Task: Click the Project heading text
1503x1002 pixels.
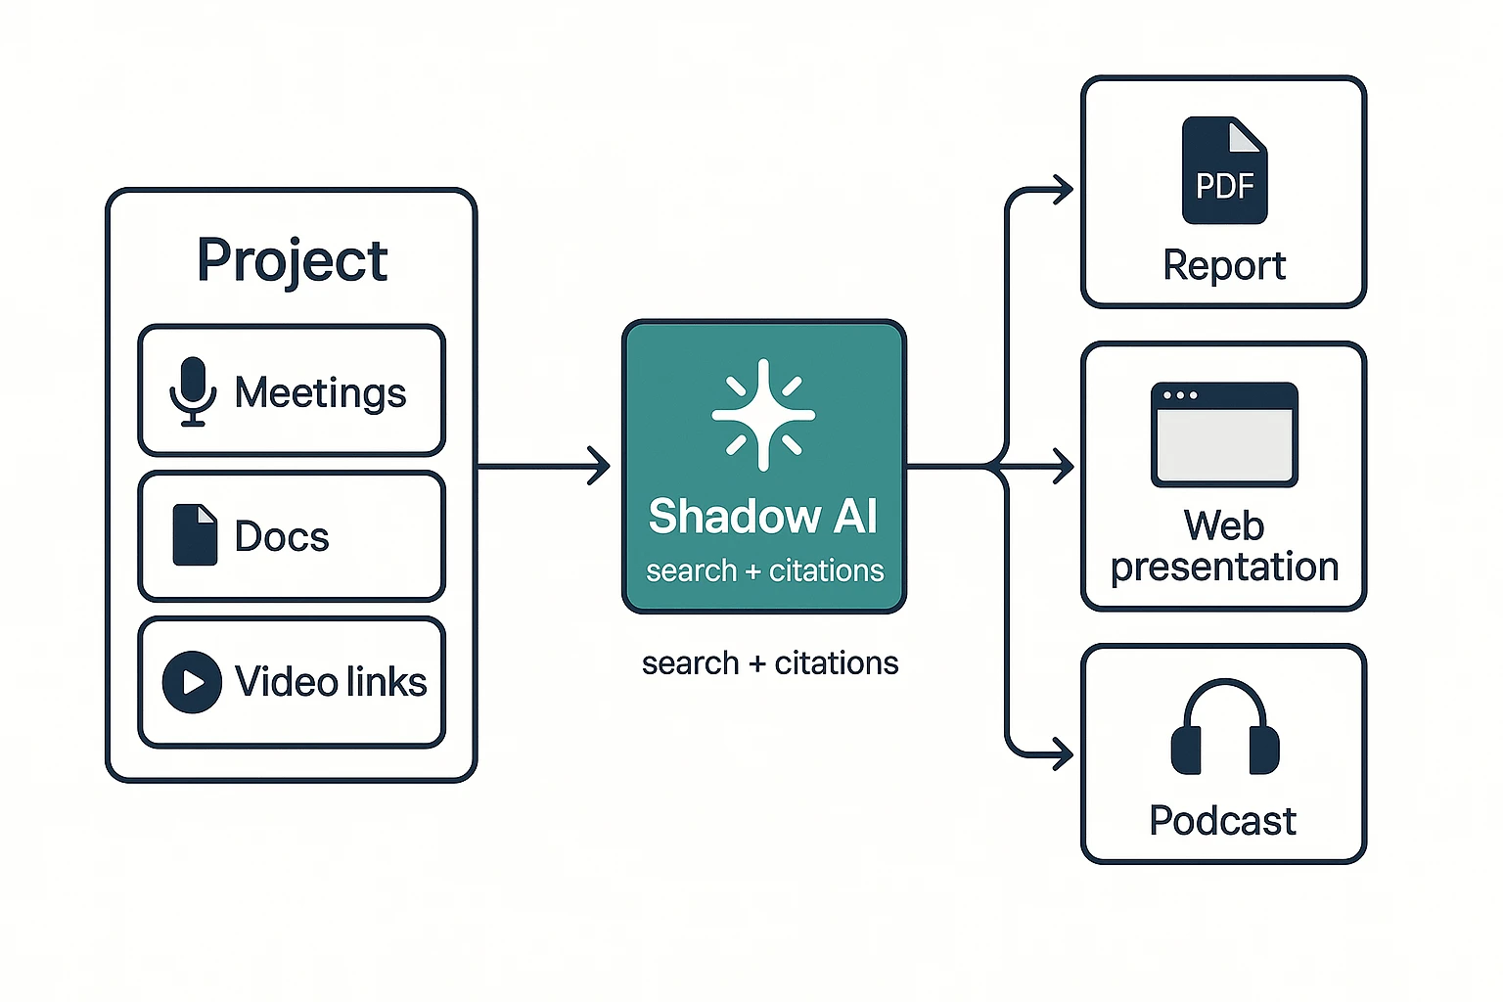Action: pos(292,260)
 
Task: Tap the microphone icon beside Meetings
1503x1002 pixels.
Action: pos(193,391)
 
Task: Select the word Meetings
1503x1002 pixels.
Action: pos(320,393)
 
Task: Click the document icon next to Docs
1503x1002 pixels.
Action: pos(195,535)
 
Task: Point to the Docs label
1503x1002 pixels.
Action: pos(282,536)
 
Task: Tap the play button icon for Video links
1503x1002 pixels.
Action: pos(192,682)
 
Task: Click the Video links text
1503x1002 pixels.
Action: pos(331,682)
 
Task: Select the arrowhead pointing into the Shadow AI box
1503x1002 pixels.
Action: pos(598,466)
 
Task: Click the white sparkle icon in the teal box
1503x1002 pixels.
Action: pos(763,415)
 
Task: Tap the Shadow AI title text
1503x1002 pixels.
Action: pos(763,516)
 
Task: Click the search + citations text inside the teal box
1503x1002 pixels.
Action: pos(764,570)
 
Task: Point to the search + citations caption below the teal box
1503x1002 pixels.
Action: pos(770,663)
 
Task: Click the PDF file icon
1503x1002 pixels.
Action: pos(1224,170)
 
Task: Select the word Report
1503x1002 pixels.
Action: pos(1224,265)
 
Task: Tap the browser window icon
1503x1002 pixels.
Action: pos(1224,434)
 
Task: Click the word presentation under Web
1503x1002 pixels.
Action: pos(1224,568)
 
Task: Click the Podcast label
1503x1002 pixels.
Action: pos(1222,820)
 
